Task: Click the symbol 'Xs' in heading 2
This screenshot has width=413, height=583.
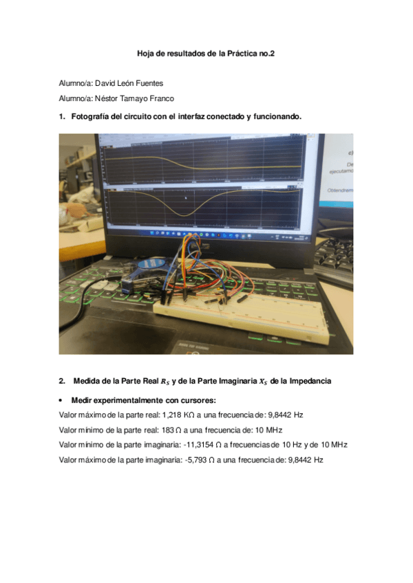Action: coord(257,381)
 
